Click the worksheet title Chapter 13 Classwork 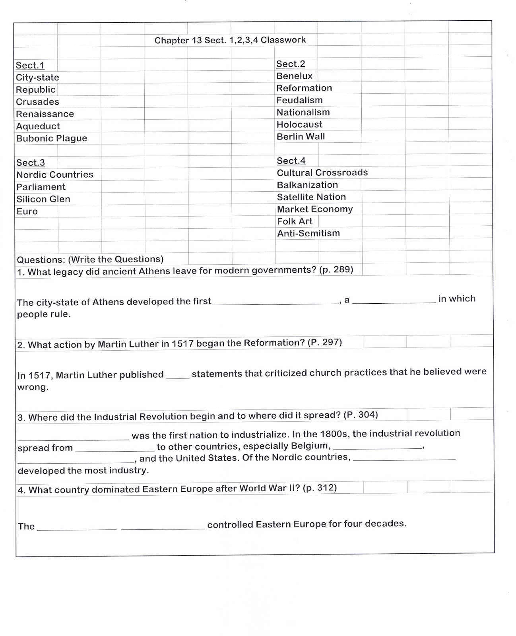point(230,40)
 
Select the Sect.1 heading point(30,66)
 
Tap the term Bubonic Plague point(52,138)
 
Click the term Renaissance point(45,114)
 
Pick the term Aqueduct point(38,126)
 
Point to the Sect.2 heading point(291,64)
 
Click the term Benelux point(295,76)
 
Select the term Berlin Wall point(301,136)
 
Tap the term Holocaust point(299,124)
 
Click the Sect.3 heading point(31,163)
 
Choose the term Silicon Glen point(43,199)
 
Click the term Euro point(27,211)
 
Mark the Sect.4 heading point(291,161)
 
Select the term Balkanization point(307,185)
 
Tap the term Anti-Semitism point(308,233)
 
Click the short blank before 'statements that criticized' point(177,376)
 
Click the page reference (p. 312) point(320,488)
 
